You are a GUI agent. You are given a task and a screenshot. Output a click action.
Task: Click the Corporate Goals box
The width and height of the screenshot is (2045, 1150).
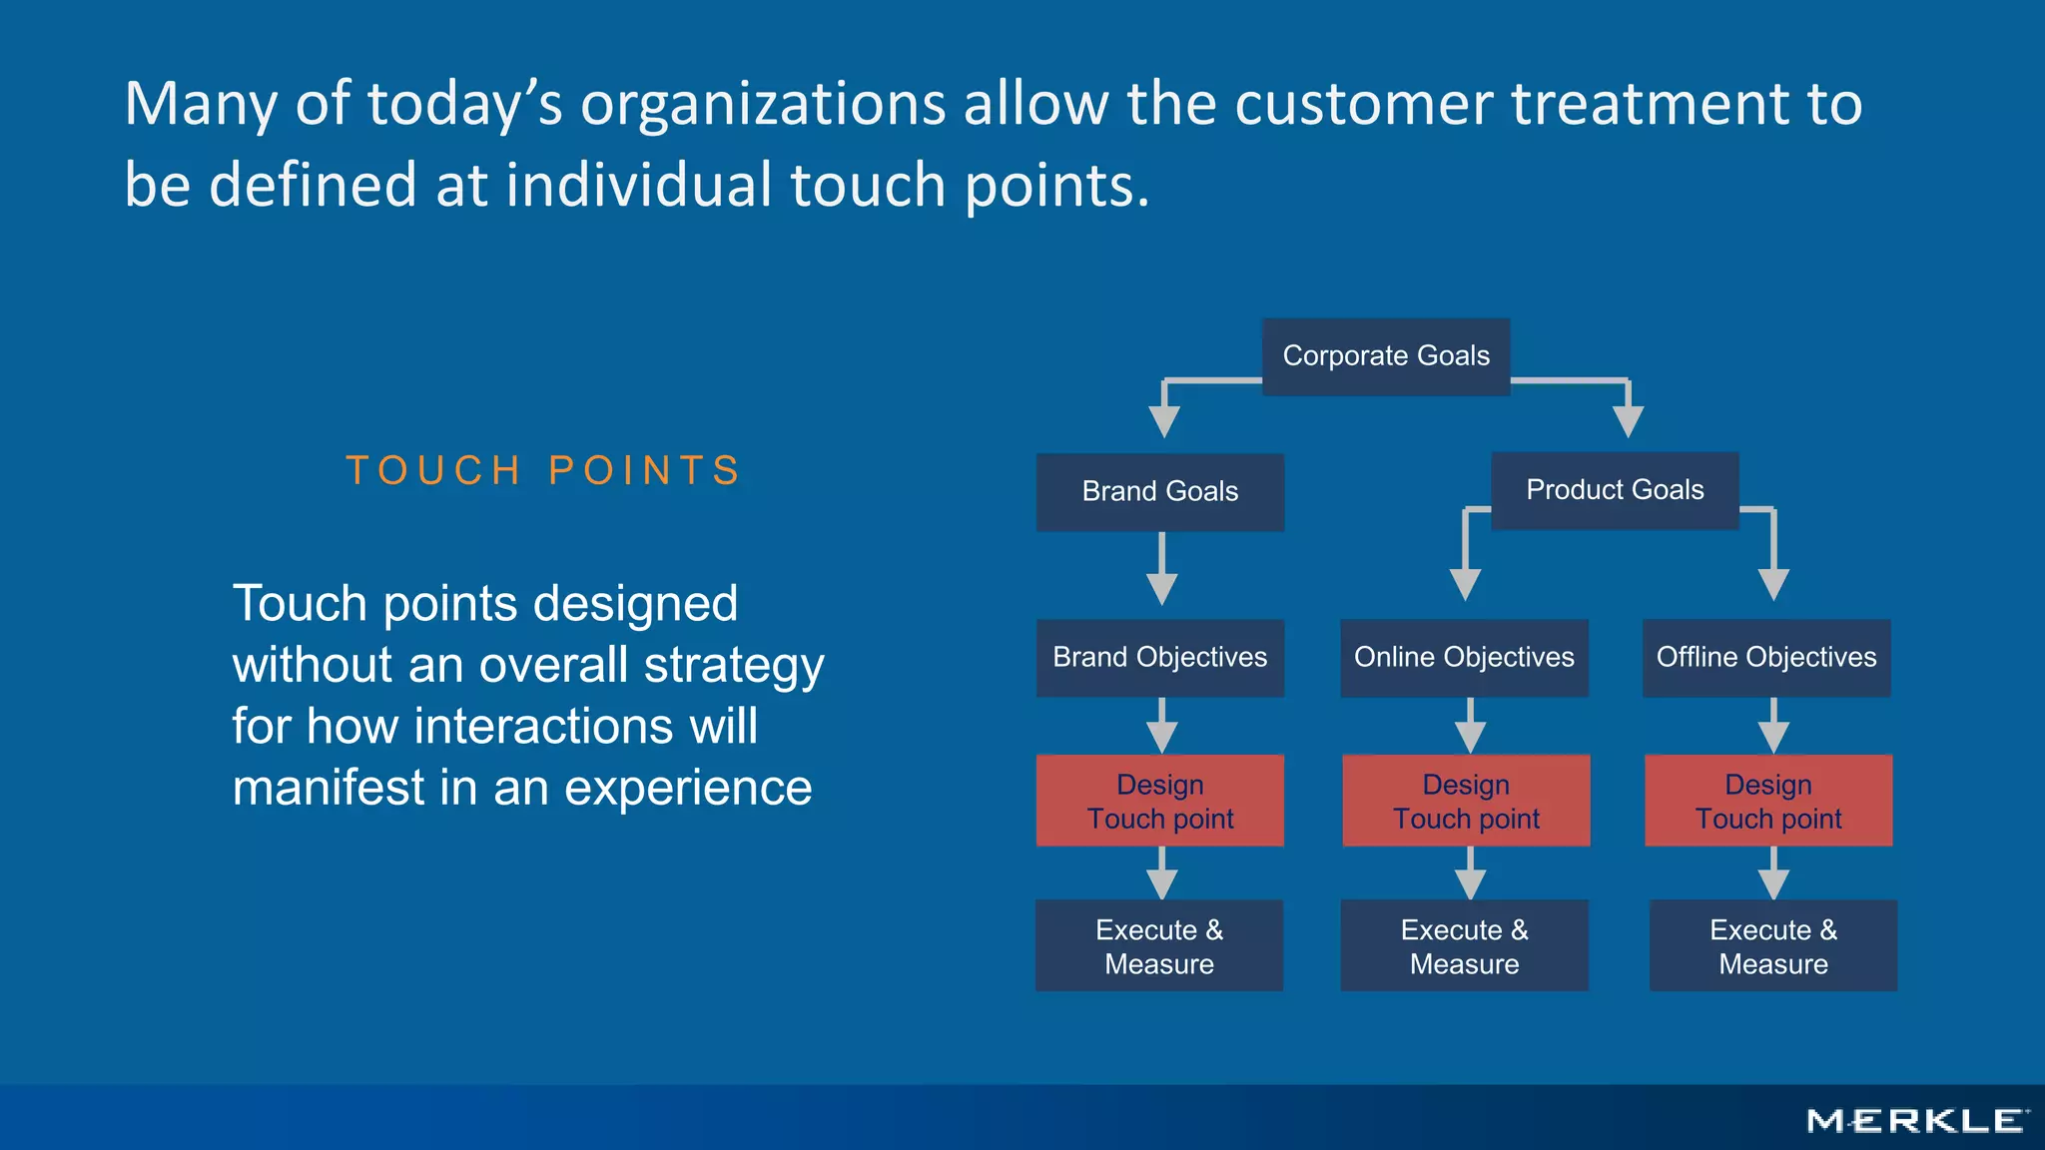pyautogui.click(x=1386, y=356)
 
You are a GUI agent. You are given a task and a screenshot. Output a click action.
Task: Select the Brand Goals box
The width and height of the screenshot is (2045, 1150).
pyautogui.click(x=1159, y=492)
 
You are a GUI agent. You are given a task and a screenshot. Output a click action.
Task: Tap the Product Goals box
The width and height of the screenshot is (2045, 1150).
pyautogui.click(x=1615, y=490)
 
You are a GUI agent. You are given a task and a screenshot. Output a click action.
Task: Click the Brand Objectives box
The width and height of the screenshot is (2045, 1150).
pyautogui.click(x=1159, y=658)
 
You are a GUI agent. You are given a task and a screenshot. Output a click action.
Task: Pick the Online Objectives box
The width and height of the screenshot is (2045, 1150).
pyautogui.click(x=1464, y=658)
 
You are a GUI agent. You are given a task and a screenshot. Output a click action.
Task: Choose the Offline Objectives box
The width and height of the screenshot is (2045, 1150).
pyautogui.click(x=1766, y=658)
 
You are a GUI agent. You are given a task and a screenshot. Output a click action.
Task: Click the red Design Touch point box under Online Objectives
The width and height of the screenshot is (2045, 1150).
pyautogui.click(x=1466, y=801)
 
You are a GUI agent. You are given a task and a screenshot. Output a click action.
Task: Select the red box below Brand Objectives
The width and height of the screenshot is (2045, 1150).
pyautogui.click(x=1159, y=801)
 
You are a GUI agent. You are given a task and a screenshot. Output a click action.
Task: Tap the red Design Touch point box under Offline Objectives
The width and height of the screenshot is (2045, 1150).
pyautogui.click(x=1768, y=801)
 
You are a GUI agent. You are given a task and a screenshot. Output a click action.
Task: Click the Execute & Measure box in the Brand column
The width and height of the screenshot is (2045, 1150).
pyautogui.click(x=1159, y=945)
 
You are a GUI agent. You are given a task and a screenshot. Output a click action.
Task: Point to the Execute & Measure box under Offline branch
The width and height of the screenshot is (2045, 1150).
pyautogui.click(x=1773, y=945)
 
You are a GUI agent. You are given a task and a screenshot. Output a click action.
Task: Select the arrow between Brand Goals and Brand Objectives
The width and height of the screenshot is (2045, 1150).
pyautogui.click(x=1161, y=569)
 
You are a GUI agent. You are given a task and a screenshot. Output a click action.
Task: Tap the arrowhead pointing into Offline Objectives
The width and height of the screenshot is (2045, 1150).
pyautogui.click(x=1773, y=584)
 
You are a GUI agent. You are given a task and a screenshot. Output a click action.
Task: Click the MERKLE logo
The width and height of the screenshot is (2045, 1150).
pyautogui.click(x=1917, y=1121)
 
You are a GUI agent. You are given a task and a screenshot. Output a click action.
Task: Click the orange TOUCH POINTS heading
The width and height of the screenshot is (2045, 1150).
pyautogui.click(x=544, y=470)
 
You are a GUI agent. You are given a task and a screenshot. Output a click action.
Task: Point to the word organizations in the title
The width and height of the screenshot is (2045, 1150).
pyautogui.click(x=763, y=104)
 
